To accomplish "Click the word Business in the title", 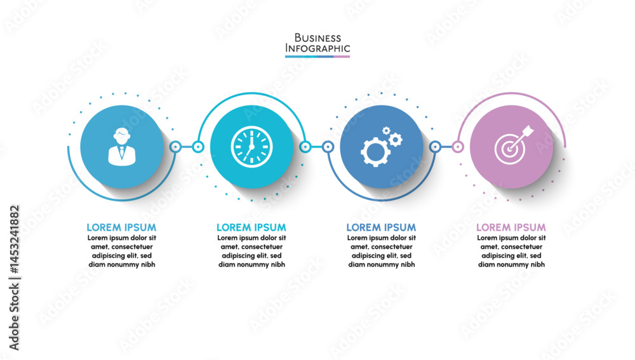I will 317,38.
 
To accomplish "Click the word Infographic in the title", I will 317,48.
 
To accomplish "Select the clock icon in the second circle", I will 251,147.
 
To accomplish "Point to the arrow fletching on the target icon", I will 528,133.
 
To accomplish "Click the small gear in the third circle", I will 395,138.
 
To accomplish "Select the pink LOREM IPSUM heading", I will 511,227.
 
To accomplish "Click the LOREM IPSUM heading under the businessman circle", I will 121,227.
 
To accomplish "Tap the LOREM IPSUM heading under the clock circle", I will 251,227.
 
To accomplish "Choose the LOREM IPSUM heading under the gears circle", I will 381,227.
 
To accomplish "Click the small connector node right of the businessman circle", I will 175,147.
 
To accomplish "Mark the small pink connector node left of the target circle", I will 458,147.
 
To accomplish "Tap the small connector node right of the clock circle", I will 305,147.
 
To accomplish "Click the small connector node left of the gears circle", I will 328,147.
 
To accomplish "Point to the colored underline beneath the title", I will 317,57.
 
